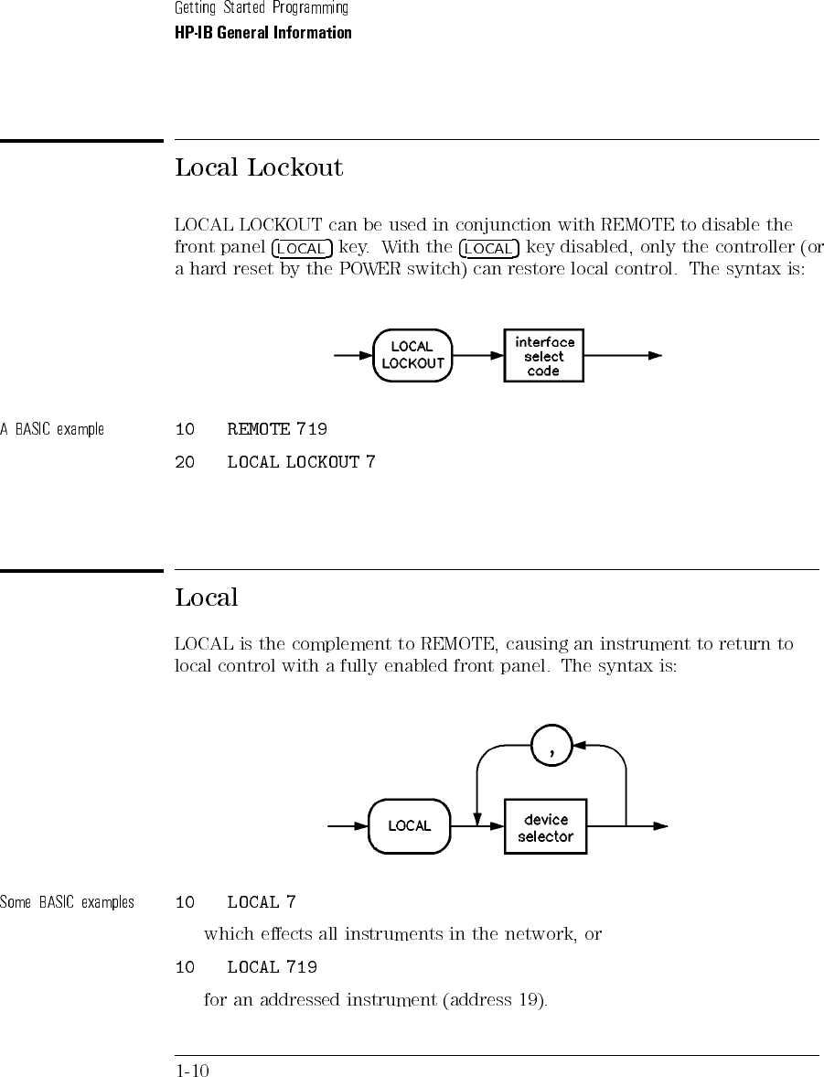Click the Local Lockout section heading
(259, 167)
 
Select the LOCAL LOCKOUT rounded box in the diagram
(412, 355)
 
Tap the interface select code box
(544, 355)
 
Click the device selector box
(546, 826)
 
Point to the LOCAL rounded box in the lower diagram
(410, 826)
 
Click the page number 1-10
(192, 1070)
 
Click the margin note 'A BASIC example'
(52, 430)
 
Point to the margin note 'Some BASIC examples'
(68, 902)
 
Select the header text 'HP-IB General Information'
(263, 33)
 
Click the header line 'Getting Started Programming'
(262, 8)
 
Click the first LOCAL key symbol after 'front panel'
(302, 248)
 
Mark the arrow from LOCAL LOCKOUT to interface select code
(478, 356)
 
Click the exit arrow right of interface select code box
(623, 356)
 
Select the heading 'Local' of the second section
(207, 598)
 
